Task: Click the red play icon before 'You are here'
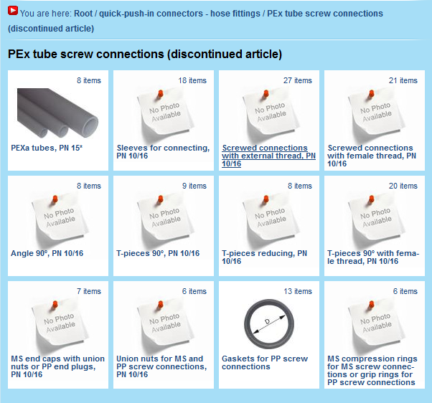(x=13, y=11)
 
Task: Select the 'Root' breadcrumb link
(x=83, y=14)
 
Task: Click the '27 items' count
(x=298, y=80)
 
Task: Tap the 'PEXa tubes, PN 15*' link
(x=47, y=148)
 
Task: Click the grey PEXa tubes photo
(x=57, y=113)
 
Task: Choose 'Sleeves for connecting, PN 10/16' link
(x=163, y=152)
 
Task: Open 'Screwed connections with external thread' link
(x=268, y=156)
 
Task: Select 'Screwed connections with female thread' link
(x=372, y=156)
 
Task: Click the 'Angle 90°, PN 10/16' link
(x=47, y=253)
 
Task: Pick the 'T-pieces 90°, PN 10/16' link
(x=158, y=253)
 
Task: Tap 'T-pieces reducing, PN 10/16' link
(x=265, y=257)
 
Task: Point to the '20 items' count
(x=403, y=186)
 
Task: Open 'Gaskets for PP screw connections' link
(x=265, y=363)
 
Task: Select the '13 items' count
(x=298, y=291)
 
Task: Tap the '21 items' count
(x=403, y=80)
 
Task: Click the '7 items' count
(x=89, y=291)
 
